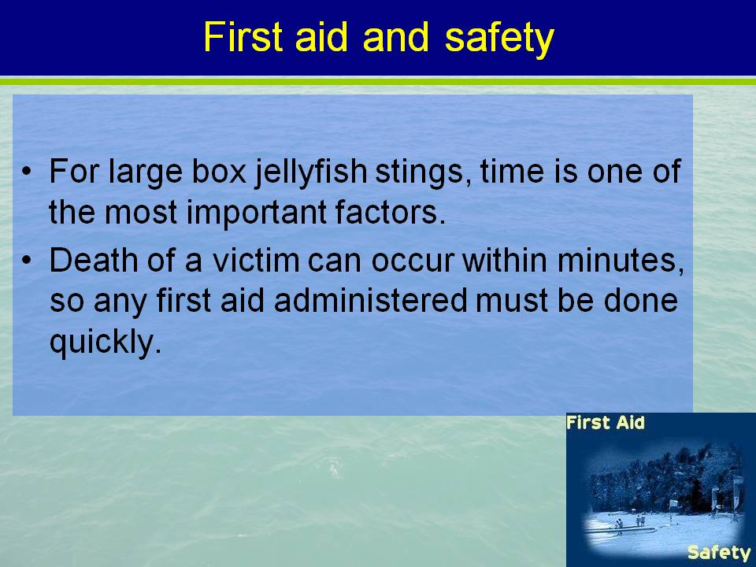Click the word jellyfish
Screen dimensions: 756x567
click(x=310, y=172)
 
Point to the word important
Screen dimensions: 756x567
click(x=256, y=213)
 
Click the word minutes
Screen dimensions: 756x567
click(x=621, y=261)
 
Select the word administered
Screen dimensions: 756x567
click(x=371, y=300)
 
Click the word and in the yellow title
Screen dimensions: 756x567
click(x=395, y=37)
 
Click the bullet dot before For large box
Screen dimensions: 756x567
click(x=27, y=172)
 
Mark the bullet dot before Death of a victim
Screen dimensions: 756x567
click(x=27, y=261)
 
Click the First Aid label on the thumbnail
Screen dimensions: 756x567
click(x=605, y=423)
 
